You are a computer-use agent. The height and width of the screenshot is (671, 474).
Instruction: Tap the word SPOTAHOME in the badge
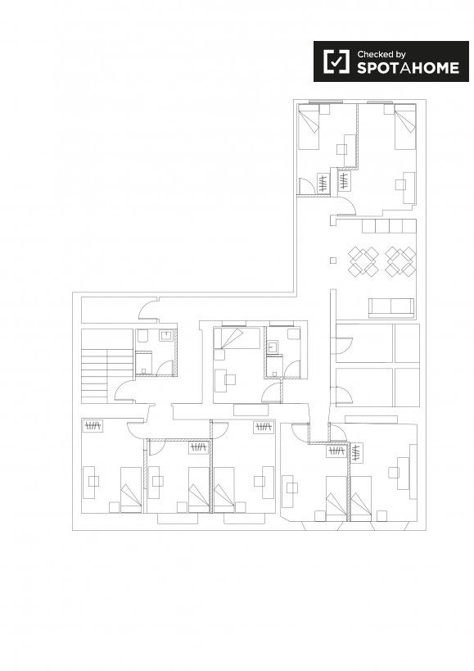pos(409,68)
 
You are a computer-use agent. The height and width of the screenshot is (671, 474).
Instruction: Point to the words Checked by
pos(381,54)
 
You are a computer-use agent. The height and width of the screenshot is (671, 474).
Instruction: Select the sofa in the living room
pos(391,308)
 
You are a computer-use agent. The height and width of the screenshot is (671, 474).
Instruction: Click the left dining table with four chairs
pos(363,261)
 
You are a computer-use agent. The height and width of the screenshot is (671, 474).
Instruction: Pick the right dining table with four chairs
pos(400,261)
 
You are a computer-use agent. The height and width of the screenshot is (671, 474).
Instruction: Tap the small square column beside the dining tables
pos(333,261)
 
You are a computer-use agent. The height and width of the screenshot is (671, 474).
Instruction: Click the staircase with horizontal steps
pos(107,366)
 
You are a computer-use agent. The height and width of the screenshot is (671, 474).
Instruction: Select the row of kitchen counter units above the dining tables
pos(389,226)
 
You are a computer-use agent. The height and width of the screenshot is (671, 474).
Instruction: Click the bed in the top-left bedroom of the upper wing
pos(309,127)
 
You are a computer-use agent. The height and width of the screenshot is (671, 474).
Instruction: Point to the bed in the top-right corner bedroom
pos(405,127)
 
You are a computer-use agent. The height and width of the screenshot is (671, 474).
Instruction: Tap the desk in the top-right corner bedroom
pos(409,188)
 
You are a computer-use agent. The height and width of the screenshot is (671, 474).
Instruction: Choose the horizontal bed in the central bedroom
pos(237,338)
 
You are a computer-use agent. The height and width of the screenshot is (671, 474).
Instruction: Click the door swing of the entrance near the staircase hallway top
pos(148,309)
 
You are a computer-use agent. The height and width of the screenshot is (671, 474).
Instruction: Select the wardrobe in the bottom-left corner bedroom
pos(93,426)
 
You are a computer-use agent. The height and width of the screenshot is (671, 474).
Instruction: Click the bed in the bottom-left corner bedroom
pos(131,490)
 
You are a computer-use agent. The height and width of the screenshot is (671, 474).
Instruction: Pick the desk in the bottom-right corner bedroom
pos(403,473)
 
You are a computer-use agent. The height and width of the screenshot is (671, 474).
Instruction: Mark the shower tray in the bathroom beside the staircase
pos(143,363)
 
